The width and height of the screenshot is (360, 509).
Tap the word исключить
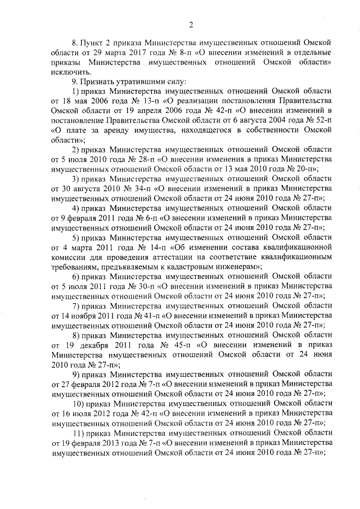tap(69, 72)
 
